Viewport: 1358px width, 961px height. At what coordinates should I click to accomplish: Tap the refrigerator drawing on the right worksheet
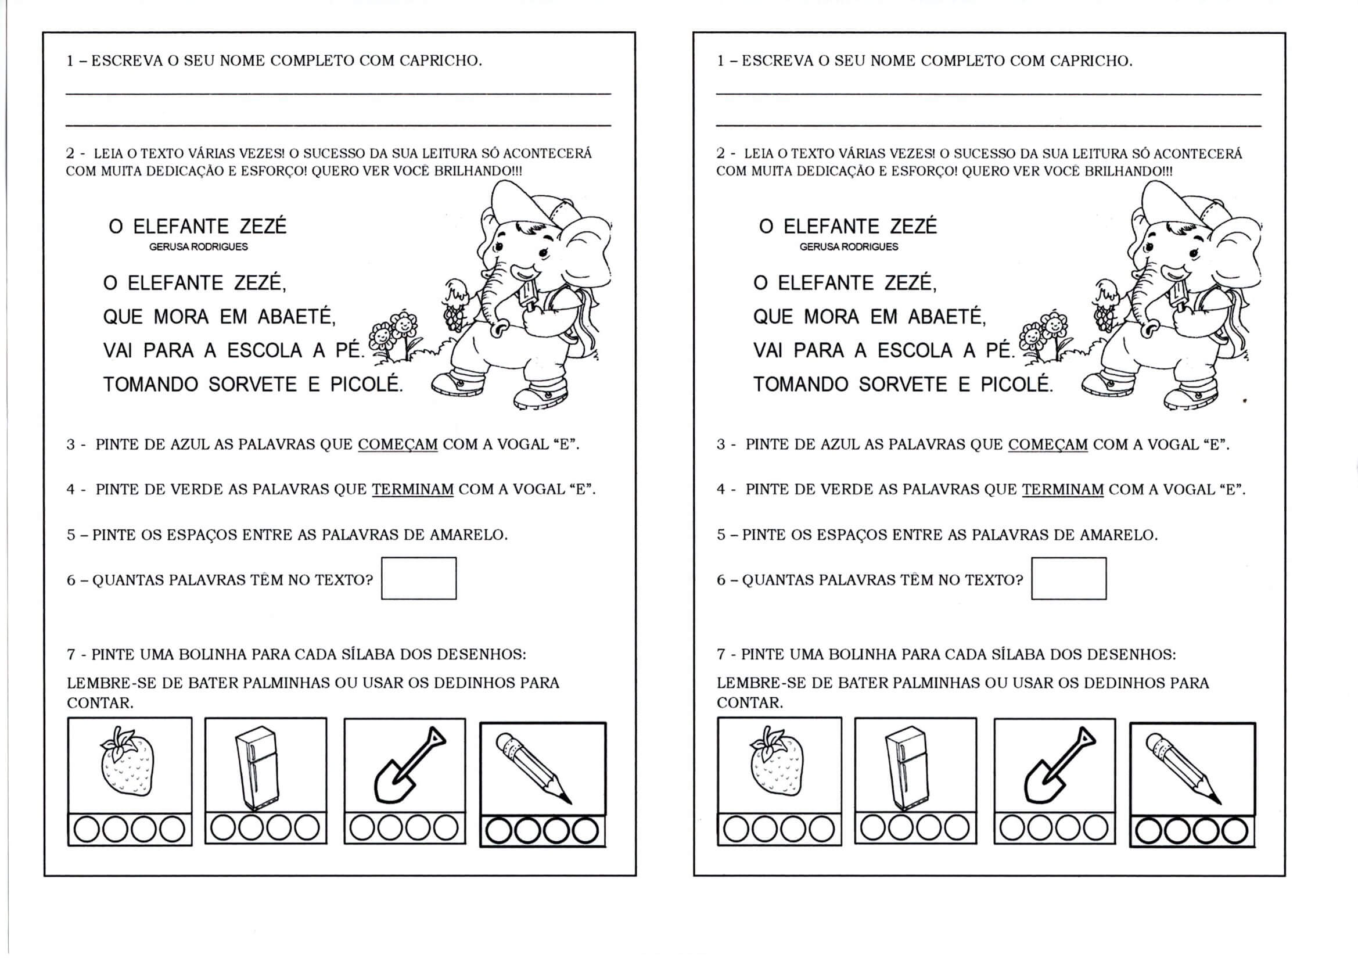[906, 768]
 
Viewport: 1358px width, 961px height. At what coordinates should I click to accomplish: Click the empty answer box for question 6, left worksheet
[418, 578]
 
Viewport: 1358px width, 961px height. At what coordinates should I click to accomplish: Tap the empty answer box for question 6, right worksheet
[1068, 578]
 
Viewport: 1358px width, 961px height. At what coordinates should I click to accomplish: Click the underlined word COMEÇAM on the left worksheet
[397, 444]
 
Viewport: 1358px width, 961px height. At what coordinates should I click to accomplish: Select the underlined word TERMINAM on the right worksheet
[1062, 489]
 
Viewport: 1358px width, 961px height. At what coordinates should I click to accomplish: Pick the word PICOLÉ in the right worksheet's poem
[1016, 385]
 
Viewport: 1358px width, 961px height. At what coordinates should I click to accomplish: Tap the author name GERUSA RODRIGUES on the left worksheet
[198, 247]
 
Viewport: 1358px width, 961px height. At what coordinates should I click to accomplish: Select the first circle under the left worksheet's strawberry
[87, 830]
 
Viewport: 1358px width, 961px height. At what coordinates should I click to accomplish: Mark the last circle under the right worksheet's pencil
[1234, 831]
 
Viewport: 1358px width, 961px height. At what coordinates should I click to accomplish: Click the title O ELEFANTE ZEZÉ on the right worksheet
[848, 227]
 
